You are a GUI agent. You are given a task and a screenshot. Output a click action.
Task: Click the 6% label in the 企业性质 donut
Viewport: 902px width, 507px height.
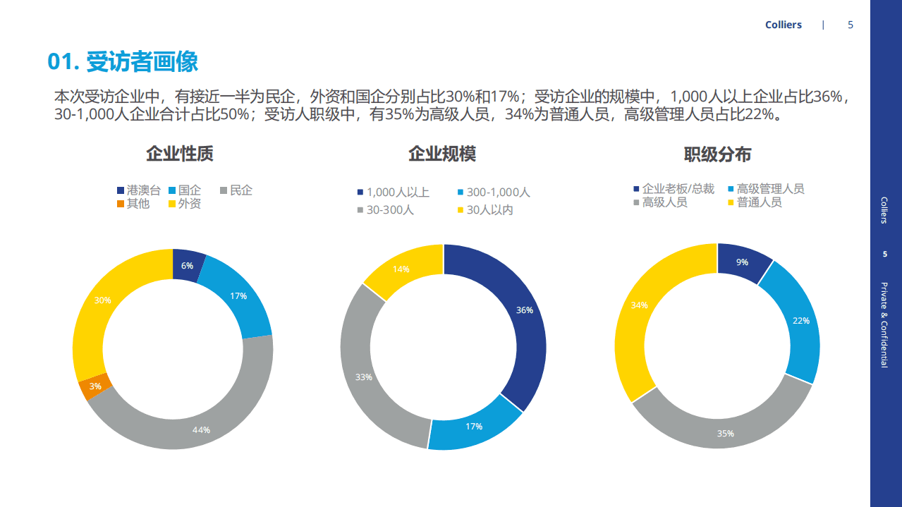pos(187,266)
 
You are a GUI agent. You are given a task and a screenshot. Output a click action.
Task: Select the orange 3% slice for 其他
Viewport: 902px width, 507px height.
pos(95,386)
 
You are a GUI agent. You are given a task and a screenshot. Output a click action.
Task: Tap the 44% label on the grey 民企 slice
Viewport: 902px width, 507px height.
pos(201,430)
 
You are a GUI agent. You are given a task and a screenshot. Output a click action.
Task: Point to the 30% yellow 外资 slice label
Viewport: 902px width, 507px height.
pos(102,300)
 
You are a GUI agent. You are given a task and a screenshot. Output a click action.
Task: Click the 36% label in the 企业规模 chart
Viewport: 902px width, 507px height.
pos(524,310)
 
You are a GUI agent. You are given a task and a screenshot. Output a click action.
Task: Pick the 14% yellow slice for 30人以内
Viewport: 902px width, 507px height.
pos(401,269)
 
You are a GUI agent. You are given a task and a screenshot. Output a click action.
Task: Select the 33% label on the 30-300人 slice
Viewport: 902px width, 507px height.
pos(363,377)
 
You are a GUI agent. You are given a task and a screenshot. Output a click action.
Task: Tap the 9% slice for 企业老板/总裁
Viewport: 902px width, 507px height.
pos(742,262)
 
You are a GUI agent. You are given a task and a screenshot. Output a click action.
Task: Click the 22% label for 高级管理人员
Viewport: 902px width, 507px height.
pos(800,320)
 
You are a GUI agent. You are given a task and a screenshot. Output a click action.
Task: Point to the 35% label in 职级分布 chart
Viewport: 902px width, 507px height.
pos(725,434)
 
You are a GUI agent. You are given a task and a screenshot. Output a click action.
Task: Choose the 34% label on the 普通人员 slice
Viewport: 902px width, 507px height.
pos(639,305)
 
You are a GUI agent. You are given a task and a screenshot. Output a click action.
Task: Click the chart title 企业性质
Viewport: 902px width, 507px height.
pos(179,154)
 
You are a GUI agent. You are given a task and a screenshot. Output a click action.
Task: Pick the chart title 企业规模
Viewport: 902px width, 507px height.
pos(442,154)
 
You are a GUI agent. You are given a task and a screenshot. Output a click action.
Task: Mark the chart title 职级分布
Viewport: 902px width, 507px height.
pos(717,154)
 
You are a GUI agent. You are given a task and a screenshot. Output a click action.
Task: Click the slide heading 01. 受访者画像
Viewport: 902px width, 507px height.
pos(123,61)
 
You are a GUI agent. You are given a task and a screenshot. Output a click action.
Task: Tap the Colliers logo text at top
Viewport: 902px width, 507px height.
pos(783,25)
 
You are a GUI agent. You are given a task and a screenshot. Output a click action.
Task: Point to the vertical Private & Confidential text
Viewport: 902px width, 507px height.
pos(884,324)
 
